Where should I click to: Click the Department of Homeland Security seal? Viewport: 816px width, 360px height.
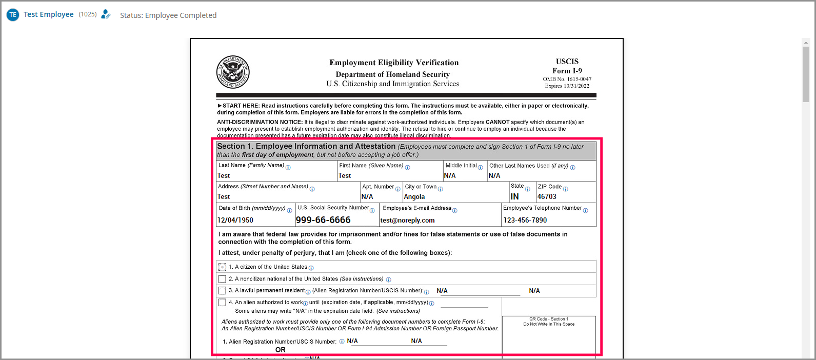(x=233, y=72)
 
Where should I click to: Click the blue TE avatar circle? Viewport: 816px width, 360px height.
(x=13, y=15)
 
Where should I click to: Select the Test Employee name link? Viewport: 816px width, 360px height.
(x=49, y=14)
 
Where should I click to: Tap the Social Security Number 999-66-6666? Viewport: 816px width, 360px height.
(x=323, y=220)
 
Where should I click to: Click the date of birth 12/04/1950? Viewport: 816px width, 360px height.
(x=235, y=220)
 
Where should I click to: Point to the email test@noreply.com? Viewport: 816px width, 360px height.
(x=407, y=221)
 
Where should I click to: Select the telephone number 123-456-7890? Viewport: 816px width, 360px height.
(x=525, y=220)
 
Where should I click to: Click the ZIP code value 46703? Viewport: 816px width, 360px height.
(x=547, y=196)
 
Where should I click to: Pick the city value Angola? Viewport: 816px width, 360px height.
(x=414, y=196)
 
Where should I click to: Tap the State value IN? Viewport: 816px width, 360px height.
(x=514, y=196)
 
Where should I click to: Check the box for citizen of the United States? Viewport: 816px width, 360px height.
(x=222, y=267)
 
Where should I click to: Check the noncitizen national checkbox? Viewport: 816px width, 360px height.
(x=222, y=279)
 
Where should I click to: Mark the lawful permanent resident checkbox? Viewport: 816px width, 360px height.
(x=222, y=291)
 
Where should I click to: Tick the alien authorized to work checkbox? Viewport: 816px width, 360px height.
(x=222, y=303)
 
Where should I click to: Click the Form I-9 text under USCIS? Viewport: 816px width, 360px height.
(x=567, y=71)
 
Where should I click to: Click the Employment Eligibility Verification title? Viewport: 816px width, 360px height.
(x=394, y=63)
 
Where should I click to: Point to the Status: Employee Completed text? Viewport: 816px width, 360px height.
(x=168, y=15)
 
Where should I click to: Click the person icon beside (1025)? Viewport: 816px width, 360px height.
(x=106, y=14)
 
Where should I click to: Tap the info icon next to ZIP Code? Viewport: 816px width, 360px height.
(x=565, y=189)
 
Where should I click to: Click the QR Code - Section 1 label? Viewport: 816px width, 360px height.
(x=548, y=319)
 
